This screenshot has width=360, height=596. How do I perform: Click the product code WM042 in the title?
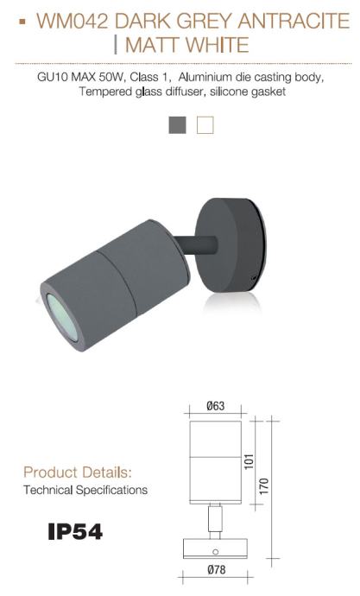(73, 21)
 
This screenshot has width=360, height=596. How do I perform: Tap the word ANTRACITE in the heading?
(294, 21)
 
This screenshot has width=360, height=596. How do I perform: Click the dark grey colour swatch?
(177, 125)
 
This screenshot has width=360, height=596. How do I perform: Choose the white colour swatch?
(205, 125)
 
